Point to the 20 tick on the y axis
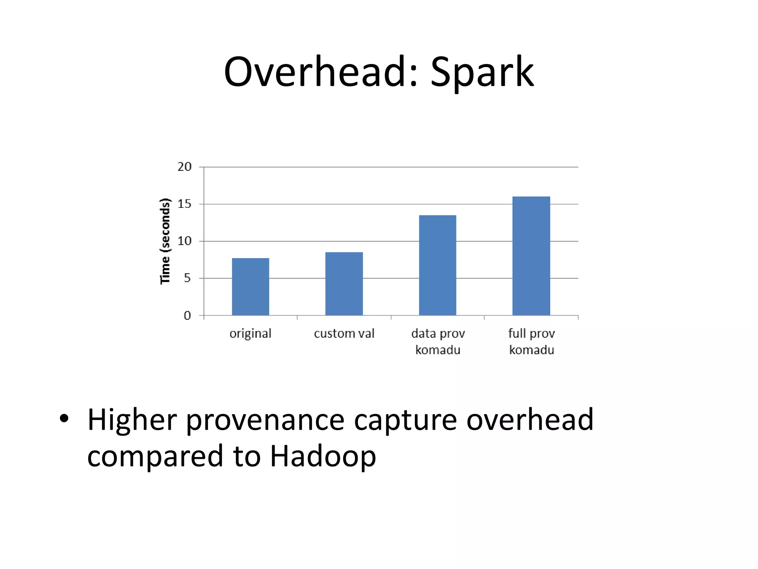pyautogui.click(x=184, y=167)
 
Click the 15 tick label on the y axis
pyautogui.click(x=184, y=204)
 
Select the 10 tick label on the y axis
pyautogui.click(x=184, y=241)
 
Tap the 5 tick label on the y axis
pyautogui.click(x=187, y=278)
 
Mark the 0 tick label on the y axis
pyautogui.click(x=187, y=316)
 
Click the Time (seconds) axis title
pyautogui.click(x=165, y=241)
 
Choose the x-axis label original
pyautogui.click(x=251, y=333)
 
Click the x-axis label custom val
pyautogui.click(x=344, y=333)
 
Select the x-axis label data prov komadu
pyautogui.click(x=438, y=342)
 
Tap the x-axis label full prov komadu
pyautogui.click(x=531, y=342)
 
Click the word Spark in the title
pyautogui.click(x=482, y=72)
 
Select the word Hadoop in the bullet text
pyautogui.click(x=323, y=456)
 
